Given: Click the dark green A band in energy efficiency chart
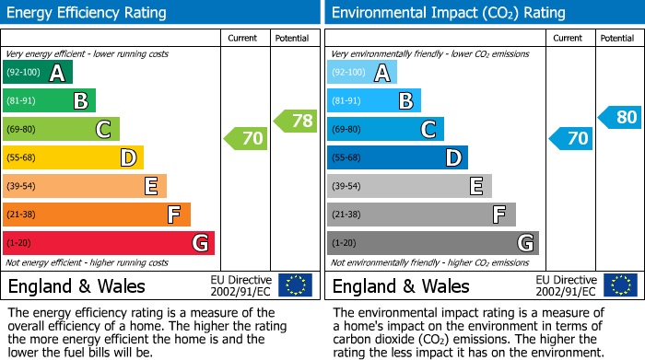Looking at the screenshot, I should coord(38,73).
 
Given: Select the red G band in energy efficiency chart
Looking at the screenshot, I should coord(109,243).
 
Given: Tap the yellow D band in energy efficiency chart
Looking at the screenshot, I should coord(73,158).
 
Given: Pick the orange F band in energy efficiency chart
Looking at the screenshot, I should coord(97,215).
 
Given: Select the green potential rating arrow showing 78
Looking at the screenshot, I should coord(296,121).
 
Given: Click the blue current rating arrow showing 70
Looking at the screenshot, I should coord(570,139).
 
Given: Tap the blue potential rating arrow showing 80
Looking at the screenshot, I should coord(620,117).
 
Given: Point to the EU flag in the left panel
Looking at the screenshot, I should coord(295,285).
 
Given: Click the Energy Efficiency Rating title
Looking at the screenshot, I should coord(88,13).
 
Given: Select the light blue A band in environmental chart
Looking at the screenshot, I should coord(362,73).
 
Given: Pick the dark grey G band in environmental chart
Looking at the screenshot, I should coord(432,243).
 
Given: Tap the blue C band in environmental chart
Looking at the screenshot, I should coord(385,130).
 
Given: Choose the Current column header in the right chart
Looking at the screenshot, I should coord(569,38).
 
